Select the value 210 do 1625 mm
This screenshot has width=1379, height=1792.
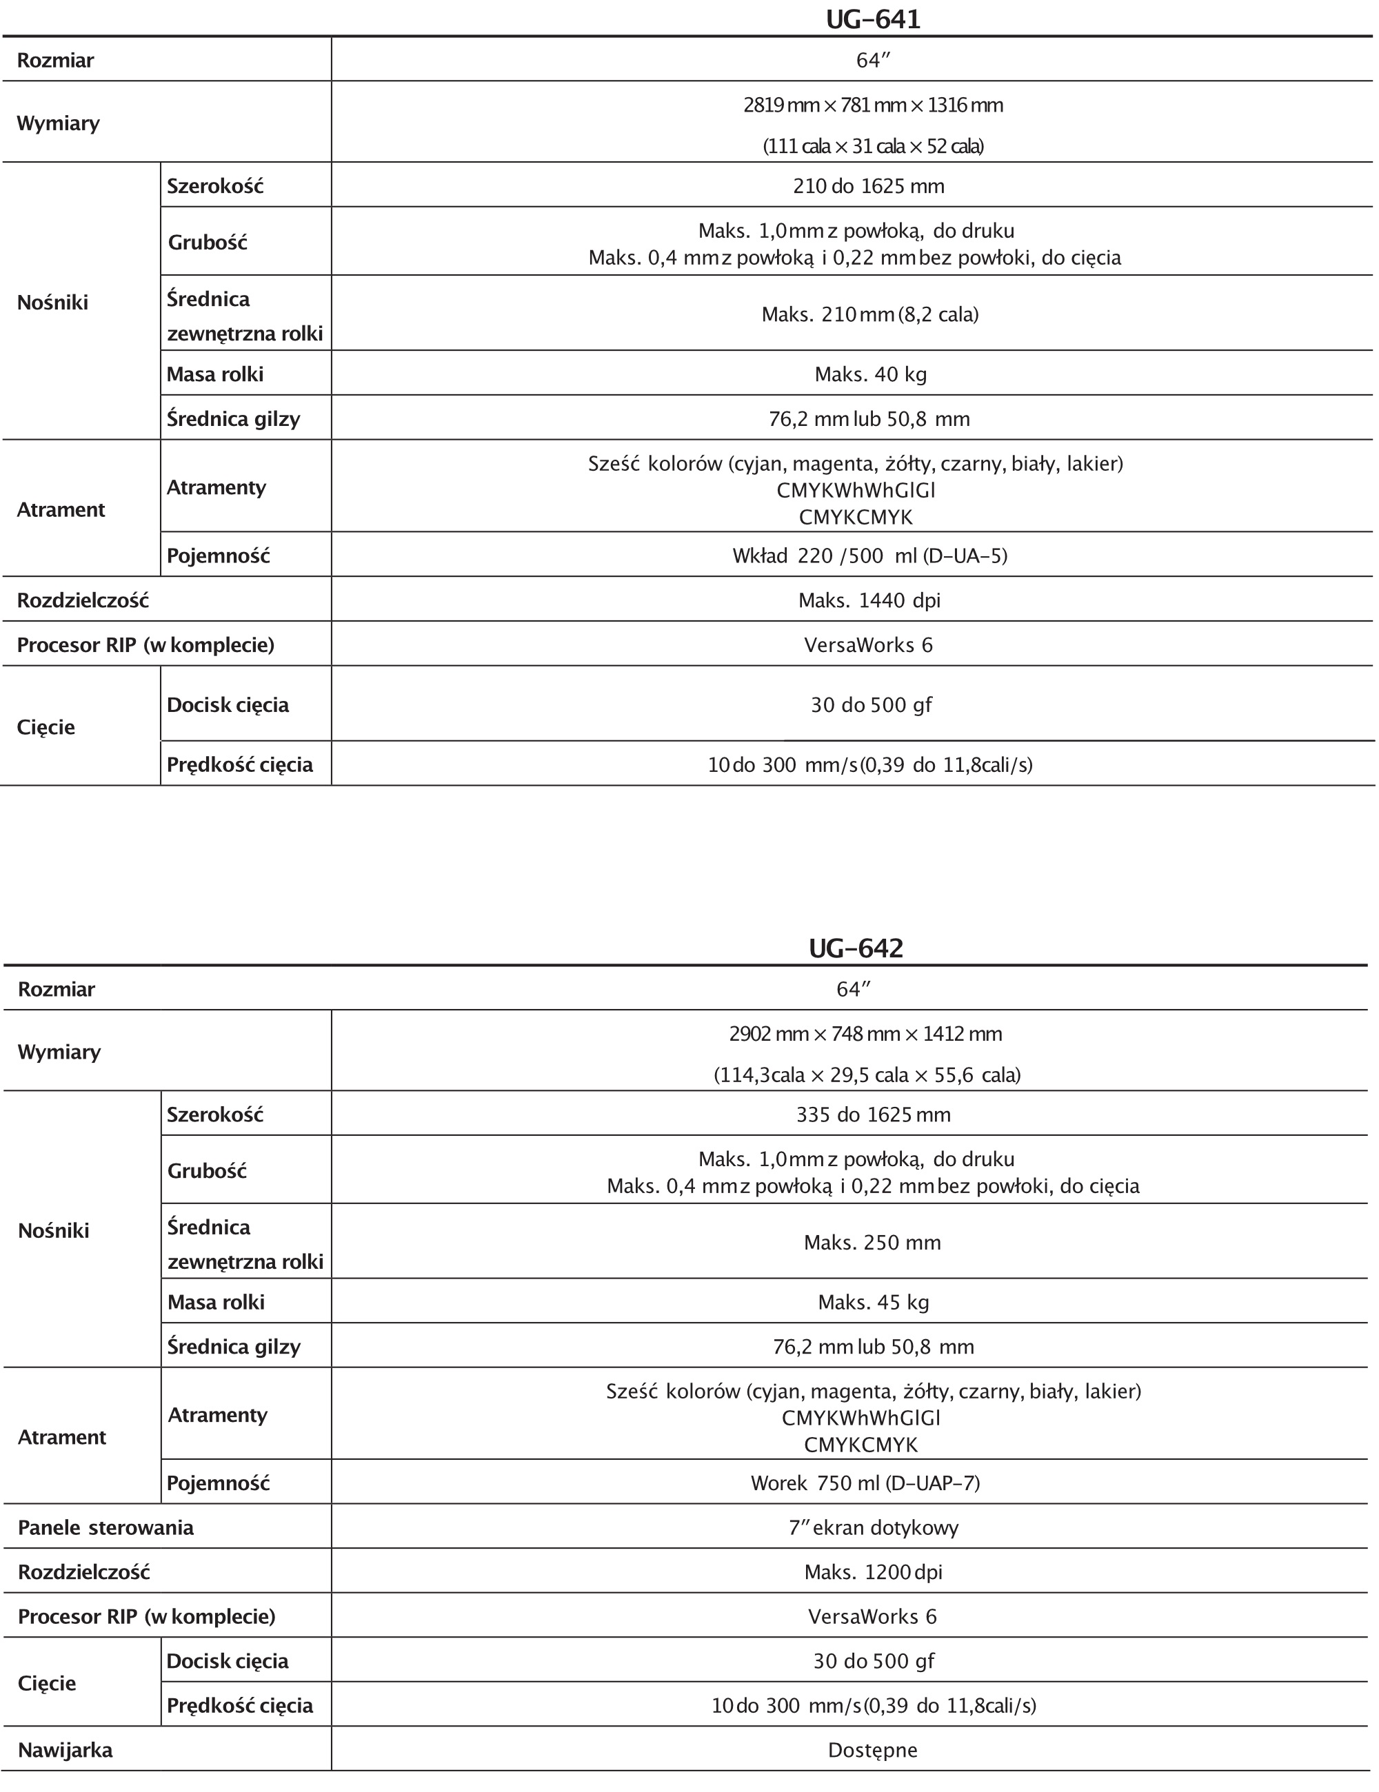[x=869, y=186]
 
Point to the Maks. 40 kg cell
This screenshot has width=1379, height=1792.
[x=870, y=374]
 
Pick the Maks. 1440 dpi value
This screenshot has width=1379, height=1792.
[x=869, y=600]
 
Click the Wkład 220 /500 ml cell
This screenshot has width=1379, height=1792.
[x=869, y=556]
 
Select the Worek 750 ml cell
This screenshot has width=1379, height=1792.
[x=865, y=1483]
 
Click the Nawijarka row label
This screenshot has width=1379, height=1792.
[x=65, y=1750]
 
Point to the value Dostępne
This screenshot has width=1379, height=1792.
[x=872, y=1750]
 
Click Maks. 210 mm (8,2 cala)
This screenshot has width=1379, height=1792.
[x=869, y=314]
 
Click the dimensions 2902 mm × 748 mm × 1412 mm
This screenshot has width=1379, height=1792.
[x=865, y=1034]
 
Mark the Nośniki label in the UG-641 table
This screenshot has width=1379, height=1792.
[x=52, y=302]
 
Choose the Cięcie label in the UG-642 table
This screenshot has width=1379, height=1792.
[x=47, y=1683]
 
